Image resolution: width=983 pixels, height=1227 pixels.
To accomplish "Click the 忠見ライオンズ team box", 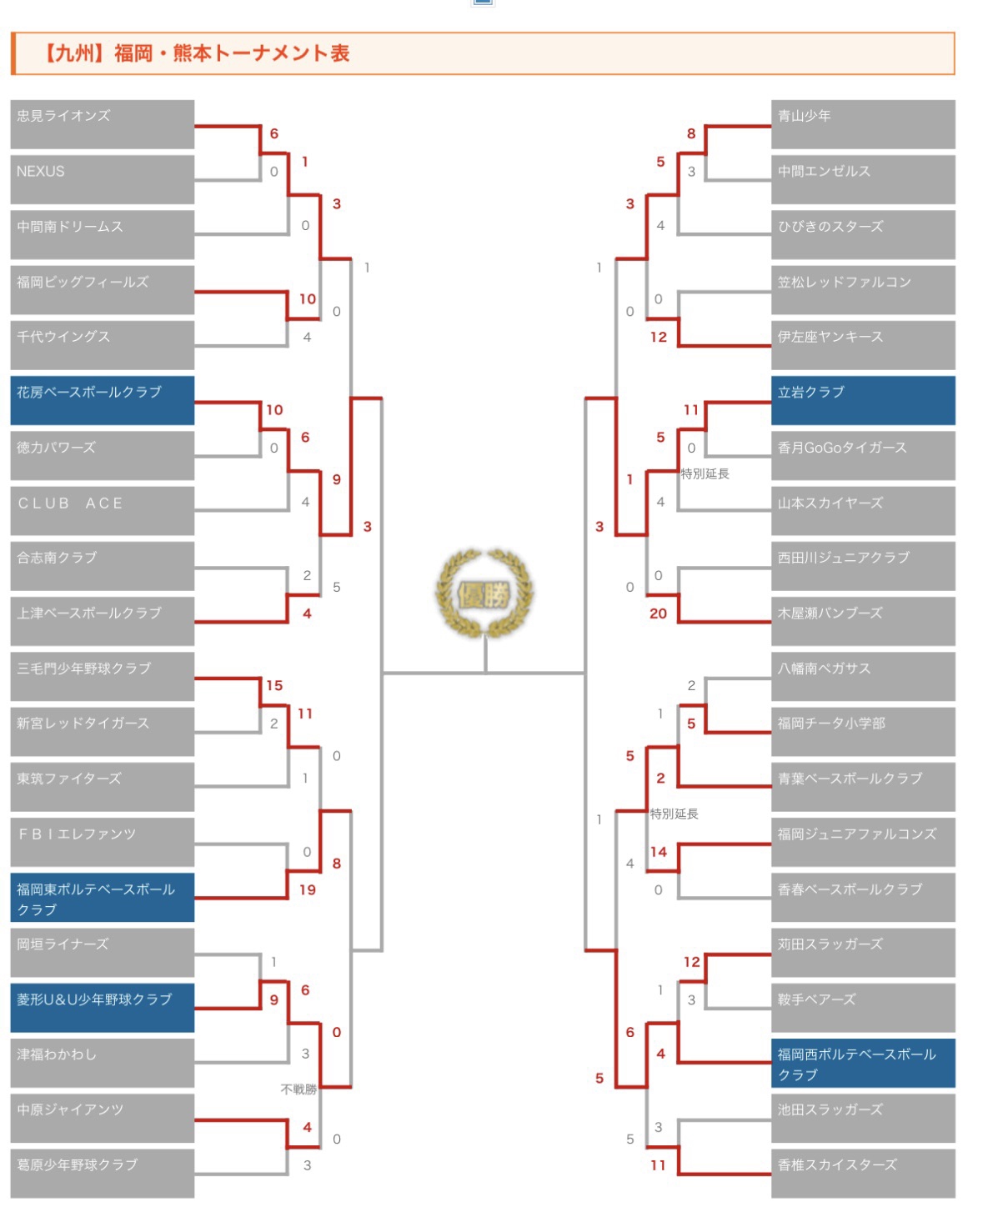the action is pyautogui.click(x=102, y=124).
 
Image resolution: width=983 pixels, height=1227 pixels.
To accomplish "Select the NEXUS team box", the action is pyautogui.click(x=102, y=179).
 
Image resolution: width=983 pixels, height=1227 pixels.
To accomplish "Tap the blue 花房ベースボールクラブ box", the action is pyautogui.click(x=102, y=400).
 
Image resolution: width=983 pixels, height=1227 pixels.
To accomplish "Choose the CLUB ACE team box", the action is pyautogui.click(x=102, y=511).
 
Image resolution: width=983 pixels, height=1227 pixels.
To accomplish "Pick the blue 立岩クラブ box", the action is pyautogui.click(x=863, y=400).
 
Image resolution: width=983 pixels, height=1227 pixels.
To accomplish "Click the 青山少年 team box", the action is pyautogui.click(x=863, y=124).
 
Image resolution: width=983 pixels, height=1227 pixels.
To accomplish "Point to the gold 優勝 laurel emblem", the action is pyautogui.click(x=484, y=593).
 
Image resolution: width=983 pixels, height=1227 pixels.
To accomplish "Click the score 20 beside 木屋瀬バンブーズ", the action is pyautogui.click(x=658, y=613).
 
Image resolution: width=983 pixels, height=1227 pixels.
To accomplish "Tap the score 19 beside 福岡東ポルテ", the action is pyautogui.click(x=308, y=889).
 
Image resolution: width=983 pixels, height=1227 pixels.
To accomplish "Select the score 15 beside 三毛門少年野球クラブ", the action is pyautogui.click(x=274, y=685).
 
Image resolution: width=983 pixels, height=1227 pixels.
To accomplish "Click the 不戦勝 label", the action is pyautogui.click(x=298, y=1089).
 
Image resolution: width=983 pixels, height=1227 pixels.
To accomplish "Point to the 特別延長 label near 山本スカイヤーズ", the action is pyautogui.click(x=705, y=473).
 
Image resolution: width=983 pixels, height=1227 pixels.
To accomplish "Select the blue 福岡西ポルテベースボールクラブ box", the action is pyautogui.click(x=863, y=1063).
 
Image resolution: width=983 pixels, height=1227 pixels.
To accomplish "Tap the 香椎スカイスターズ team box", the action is pyautogui.click(x=863, y=1174).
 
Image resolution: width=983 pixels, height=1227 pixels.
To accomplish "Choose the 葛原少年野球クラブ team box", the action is pyautogui.click(x=102, y=1174).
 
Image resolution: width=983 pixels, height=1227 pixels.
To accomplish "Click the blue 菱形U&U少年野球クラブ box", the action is pyautogui.click(x=102, y=1008).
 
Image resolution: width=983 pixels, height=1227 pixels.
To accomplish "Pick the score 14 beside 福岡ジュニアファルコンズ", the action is pyautogui.click(x=659, y=852).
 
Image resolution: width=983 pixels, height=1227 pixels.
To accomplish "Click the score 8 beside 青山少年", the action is pyautogui.click(x=691, y=133).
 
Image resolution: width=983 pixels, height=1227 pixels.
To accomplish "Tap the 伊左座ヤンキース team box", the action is pyautogui.click(x=863, y=345).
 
